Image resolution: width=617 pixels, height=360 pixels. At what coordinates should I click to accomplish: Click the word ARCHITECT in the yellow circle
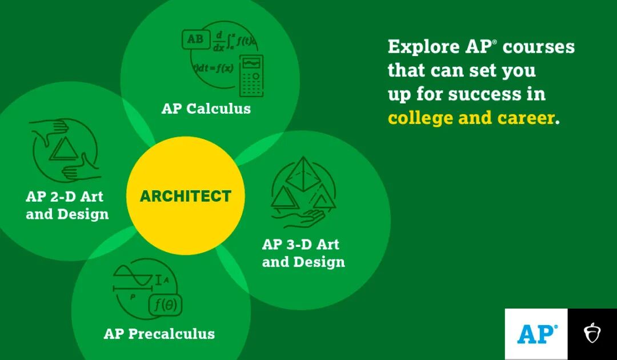click(x=185, y=196)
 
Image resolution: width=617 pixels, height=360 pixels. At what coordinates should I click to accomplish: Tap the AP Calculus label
click(x=206, y=109)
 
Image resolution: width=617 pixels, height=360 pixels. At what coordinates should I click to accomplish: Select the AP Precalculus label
click(x=159, y=334)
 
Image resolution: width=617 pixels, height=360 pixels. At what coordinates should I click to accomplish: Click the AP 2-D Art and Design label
click(x=67, y=205)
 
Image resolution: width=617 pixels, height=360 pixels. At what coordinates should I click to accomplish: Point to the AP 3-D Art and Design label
click(x=303, y=253)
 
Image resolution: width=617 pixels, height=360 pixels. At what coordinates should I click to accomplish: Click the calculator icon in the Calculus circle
click(x=251, y=75)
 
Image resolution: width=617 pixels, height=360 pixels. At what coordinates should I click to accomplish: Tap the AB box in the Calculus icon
click(x=195, y=39)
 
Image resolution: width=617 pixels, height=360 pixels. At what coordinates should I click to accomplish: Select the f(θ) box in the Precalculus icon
click(x=165, y=305)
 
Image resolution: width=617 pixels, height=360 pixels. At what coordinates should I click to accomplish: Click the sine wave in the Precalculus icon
click(x=132, y=275)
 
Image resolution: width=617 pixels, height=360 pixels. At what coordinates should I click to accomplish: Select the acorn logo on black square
click(x=592, y=333)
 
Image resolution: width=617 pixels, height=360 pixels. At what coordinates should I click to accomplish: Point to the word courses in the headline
click(x=539, y=47)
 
